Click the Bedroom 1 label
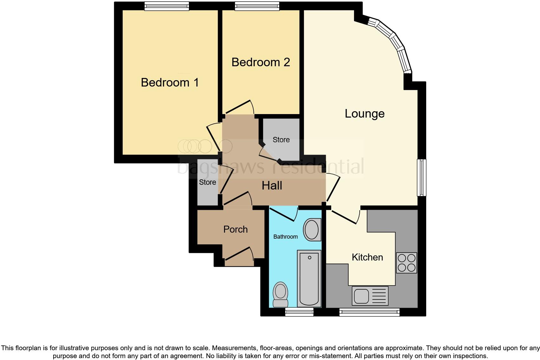pos(170,82)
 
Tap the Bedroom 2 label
pos(260,62)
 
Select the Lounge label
pos(364,113)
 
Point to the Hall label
pos(272,186)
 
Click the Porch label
pos(235,229)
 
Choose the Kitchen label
pos(367,257)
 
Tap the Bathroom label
pos(286,237)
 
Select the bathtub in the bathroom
pos(309,278)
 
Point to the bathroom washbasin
pos(312,230)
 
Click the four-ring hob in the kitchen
pos(407,263)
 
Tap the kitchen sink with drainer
pos(370,296)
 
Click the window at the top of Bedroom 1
pos(167,6)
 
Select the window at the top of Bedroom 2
pos(257,6)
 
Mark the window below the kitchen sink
pos(370,312)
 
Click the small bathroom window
pos(299,312)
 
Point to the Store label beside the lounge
pos(281,140)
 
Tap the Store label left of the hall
pos(208,182)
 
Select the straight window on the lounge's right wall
pos(421,177)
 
